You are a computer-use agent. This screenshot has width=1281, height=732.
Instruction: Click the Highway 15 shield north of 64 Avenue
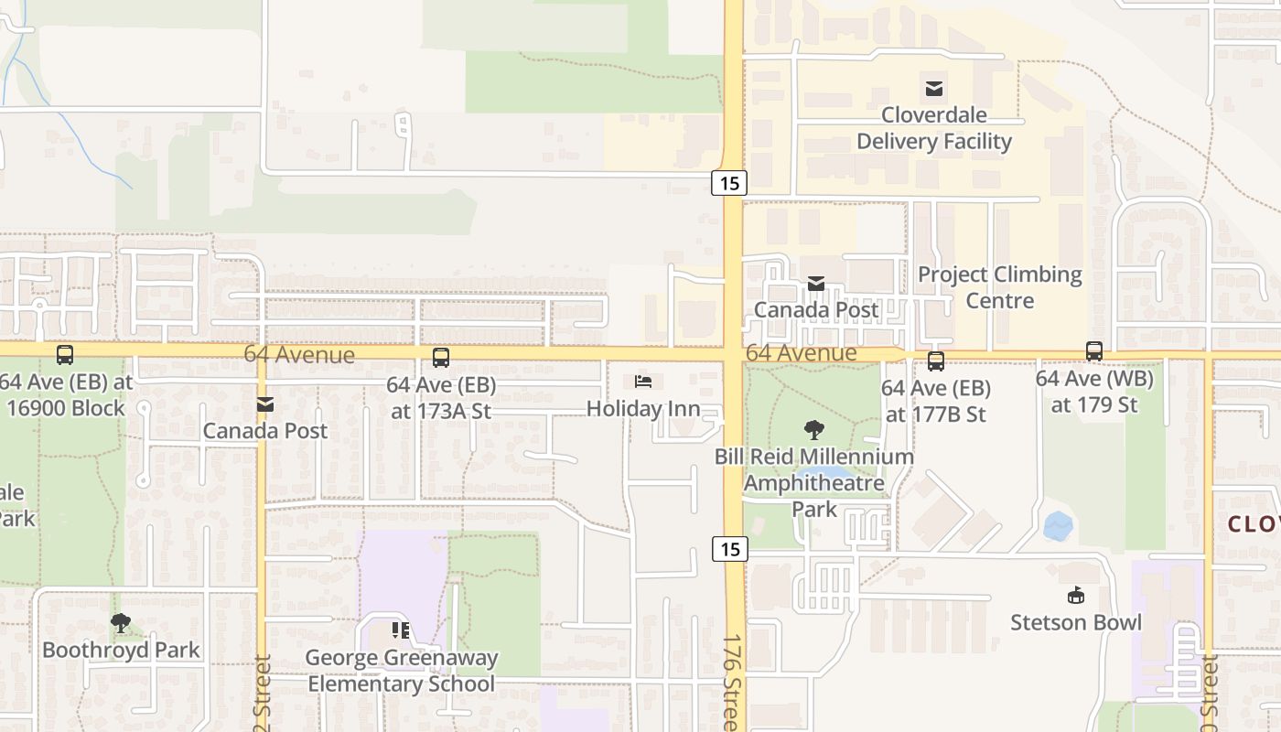729,183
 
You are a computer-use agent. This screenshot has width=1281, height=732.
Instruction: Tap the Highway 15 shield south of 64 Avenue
729,549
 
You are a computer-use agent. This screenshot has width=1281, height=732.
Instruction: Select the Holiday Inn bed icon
643,382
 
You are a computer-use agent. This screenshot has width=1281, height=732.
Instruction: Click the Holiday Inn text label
643,409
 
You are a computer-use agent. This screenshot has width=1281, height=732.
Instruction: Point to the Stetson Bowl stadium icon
1076,596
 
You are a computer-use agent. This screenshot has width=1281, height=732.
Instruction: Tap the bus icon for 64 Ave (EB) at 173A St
441,358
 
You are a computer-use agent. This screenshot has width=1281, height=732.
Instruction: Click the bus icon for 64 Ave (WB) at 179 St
1094,351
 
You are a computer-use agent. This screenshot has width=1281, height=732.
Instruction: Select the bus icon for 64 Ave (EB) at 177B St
935,361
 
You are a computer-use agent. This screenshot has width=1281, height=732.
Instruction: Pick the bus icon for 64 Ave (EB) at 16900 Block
65,355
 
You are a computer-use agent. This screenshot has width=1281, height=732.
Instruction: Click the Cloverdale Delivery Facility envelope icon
934,89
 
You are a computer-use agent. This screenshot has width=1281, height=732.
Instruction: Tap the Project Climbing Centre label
999,287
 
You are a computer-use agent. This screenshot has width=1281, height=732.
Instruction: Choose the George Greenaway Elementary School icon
401,630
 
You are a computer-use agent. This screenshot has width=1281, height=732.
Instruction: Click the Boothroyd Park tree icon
120,623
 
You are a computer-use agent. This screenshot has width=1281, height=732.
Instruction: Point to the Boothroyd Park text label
121,651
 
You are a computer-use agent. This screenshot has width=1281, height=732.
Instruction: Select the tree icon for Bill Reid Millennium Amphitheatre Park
813,429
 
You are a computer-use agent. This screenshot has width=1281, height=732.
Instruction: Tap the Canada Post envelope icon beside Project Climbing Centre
815,284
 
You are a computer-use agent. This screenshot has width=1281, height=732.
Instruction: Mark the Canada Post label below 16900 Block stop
264,430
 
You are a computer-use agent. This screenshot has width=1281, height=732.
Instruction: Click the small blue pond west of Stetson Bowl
1058,526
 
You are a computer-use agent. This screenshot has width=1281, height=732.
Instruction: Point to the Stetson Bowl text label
1076,623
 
